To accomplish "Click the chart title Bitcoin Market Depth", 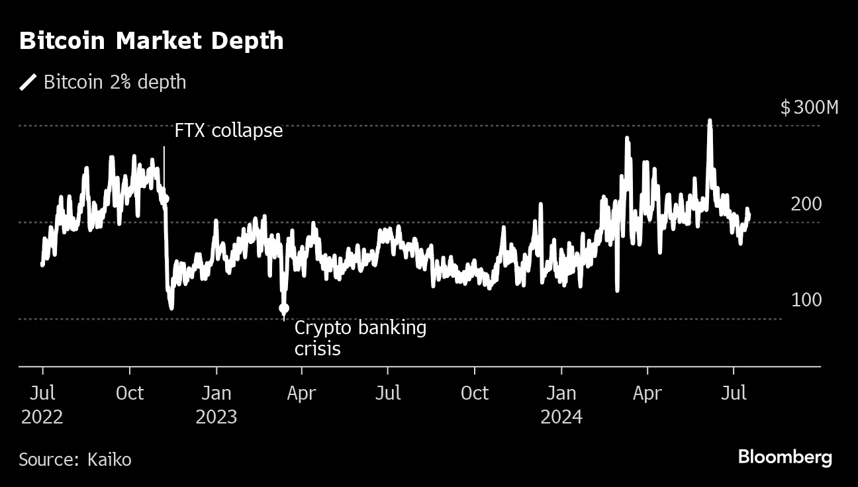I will (151, 41).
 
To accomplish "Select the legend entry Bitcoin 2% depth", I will (115, 82).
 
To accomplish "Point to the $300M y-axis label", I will (809, 108).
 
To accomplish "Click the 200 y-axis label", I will (806, 204).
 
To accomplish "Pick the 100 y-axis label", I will (806, 300).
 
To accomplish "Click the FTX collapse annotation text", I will (228, 131).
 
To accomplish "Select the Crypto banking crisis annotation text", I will (360, 337).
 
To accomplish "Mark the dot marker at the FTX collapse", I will (165, 199).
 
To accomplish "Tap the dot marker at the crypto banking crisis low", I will (284, 308).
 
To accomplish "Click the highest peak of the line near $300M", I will (710, 122).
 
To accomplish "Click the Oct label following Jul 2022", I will (130, 393).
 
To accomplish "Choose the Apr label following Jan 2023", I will (302, 393).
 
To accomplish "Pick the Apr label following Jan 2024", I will (647, 393).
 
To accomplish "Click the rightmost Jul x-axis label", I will (733, 393).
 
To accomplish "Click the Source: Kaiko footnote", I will (75, 459).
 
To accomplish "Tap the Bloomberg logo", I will (785, 457).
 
